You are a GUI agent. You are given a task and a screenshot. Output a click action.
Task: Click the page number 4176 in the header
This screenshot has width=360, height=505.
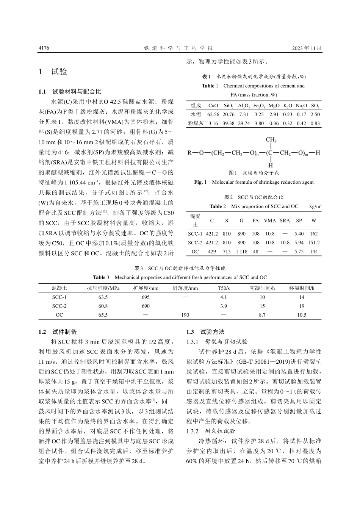click(x=44, y=48)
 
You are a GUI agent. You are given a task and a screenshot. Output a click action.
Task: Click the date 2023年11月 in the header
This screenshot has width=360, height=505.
click(x=307, y=48)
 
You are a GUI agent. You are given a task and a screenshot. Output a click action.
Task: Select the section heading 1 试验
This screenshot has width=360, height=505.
click(x=53, y=72)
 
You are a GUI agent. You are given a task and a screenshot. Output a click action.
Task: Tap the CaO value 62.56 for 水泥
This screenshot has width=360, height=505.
click(x=213, y=114)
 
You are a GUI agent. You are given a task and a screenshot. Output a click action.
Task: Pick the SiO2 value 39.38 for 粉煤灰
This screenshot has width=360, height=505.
click(x=229, y=123)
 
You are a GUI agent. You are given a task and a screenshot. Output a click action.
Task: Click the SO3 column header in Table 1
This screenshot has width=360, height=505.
click(x=315, y=106)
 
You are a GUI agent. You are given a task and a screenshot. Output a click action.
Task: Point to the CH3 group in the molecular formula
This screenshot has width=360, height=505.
click(x=271, y=140)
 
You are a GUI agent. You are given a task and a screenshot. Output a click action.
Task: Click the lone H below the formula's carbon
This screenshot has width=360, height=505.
click(x=271, y=166)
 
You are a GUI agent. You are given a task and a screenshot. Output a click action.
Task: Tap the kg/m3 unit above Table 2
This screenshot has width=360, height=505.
click(x=315, y=206)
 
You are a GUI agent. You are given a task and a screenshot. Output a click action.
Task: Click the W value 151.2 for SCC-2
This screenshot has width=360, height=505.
click(x=314, y=242)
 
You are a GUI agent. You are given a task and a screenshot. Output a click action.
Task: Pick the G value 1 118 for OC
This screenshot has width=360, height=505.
click(x=241, y=252)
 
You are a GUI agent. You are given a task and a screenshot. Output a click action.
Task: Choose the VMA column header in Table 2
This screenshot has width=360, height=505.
click(x=270, y=220)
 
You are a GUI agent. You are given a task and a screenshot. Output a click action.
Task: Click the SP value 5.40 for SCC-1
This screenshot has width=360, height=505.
click(x=299, y=234)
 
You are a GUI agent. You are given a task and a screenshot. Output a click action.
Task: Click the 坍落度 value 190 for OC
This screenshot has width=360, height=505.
click(x=185, y=315)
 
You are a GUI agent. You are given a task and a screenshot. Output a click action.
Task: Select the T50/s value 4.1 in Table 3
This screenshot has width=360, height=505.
click(x=224, y=297)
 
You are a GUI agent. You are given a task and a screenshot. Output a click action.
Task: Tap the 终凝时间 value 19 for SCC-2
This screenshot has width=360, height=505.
click(x=302, y=306)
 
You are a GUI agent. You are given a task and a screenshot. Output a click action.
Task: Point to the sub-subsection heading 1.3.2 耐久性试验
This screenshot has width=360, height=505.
click(x=211, y=431)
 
